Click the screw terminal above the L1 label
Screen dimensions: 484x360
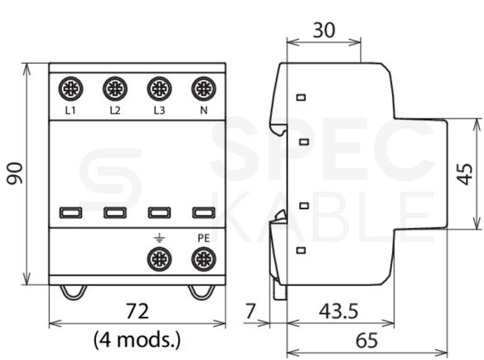coord(70,89)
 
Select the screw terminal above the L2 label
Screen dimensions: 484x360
coord(115,89)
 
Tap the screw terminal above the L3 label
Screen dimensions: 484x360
coord(159,89)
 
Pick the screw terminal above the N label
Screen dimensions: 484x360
coord(204,89)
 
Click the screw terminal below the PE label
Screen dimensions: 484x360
coord(204,259)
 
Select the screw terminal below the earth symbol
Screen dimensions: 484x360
coord(159,259)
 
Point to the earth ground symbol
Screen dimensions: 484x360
coord(159,238)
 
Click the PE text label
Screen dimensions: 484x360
coord(204,238)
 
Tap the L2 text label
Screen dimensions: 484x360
coord(115,110)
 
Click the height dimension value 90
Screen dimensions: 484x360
coord(16,173)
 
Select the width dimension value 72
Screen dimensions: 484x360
coord(138,311)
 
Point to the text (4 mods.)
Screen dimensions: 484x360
coord(137,339)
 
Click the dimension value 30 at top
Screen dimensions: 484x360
coord(324,31)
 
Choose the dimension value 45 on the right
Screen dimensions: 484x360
coord(465,174)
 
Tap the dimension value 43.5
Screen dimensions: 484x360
coord(339,311)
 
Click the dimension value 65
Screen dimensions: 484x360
coord(366,340)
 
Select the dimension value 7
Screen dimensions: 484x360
coord(250,311)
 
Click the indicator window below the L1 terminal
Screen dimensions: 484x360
coord(70,213)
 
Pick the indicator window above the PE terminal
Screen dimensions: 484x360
coord(204,213)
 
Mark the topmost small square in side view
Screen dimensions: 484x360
coord(302,98)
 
